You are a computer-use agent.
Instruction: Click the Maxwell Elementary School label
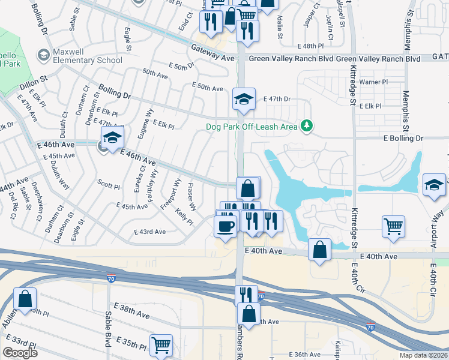[x=87, y=56]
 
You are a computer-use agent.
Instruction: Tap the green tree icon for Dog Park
[x=307, y=125]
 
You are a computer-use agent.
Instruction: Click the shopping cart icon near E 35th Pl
[x=161, y=345]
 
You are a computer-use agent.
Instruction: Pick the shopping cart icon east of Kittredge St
[x=393, y=227]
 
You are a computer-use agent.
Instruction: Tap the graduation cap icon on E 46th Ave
[x=112, y=138]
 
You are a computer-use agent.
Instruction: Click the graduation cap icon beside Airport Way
[x=434, y=185]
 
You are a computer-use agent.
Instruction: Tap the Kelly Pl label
[x=184, y=217]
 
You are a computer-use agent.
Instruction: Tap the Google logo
[x=20, y=353]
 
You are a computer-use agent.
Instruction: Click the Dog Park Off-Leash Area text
[x=252, y=126]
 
